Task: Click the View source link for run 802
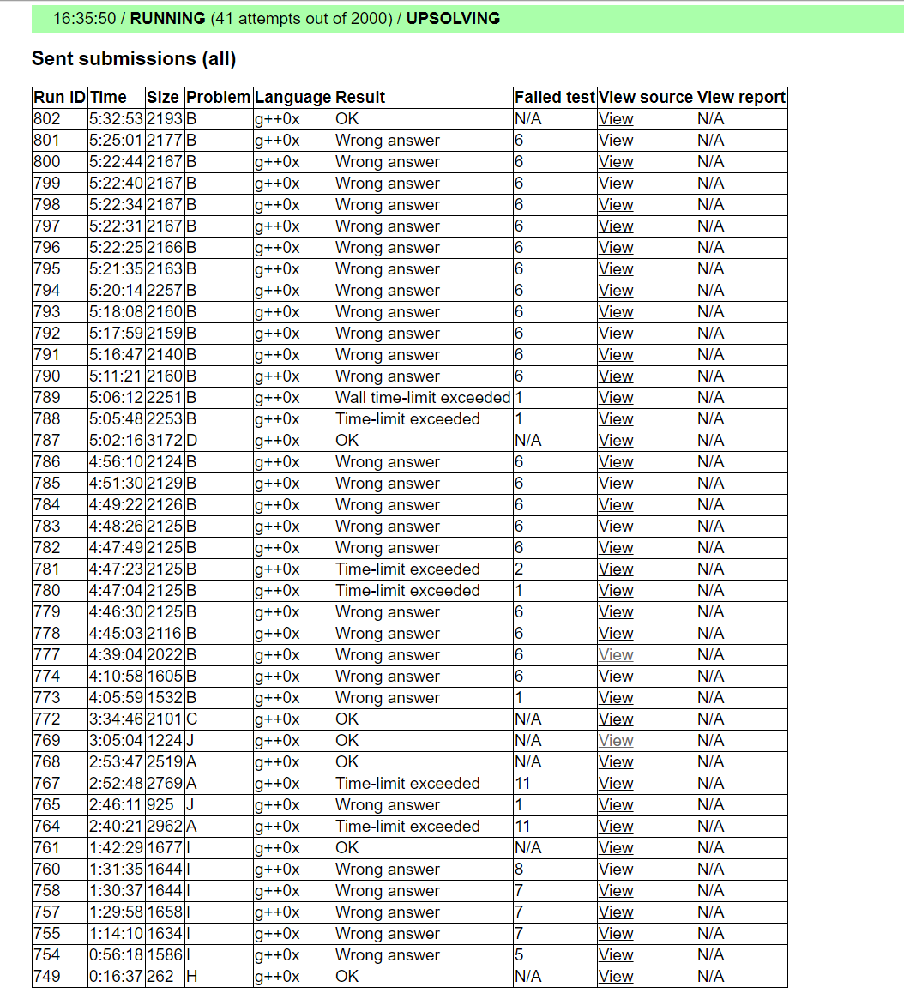(x=616, y=119)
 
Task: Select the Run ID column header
(x=59, y=98)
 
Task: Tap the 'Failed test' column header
(x=554, y=98)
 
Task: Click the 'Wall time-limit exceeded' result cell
(x=423, y=398)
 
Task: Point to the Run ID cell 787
(x=47, y=441)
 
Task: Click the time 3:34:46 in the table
(x=116, y=719)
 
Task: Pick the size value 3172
(x=164, y=441)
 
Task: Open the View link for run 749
(x=616, y=977)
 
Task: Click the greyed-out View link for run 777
(x=616, y=655)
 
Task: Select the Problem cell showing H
(x=192, y=977)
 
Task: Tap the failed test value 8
(x=519, y=870)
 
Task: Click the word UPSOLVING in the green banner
(x=453, y=18)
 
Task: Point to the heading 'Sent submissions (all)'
(x=134, y=58)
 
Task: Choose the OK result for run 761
(x=347, y=848)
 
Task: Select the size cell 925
(x=160, y=805)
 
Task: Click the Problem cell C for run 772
(x=192, y=719)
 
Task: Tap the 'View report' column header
(x=741, y=98)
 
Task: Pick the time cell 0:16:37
(x=116, y=977)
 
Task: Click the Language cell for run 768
(x=277, y=762)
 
